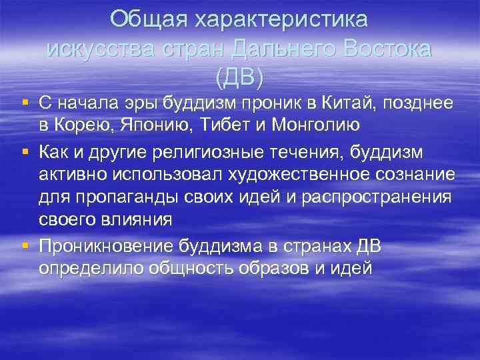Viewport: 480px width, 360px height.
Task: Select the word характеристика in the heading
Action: point(281,19)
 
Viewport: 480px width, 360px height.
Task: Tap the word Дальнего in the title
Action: point(285,49)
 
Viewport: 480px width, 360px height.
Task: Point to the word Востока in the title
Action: point(387,49)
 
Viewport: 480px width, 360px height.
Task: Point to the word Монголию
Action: point(309,125)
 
